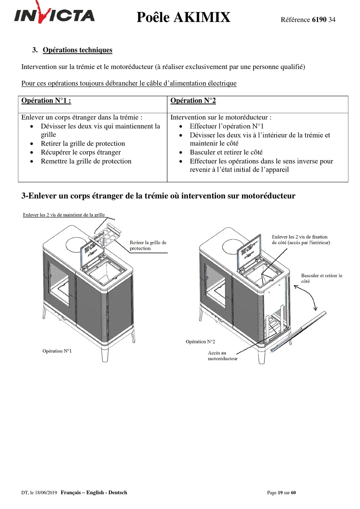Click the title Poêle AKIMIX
[183, 17]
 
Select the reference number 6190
[319, 20]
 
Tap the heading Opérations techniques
[77, 50]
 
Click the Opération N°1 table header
[46, 100]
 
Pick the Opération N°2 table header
[193, 100]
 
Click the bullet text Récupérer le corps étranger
[81, 152]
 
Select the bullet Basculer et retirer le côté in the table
[226, 152]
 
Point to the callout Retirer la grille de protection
[148, 245]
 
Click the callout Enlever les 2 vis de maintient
[64, 215]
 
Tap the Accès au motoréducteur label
[222, 356]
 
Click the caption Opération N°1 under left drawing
[57, 351]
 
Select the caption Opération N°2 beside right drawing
[200, 341]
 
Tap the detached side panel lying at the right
[299, 330]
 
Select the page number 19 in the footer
[280, 493]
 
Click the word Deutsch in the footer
[117, 493]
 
